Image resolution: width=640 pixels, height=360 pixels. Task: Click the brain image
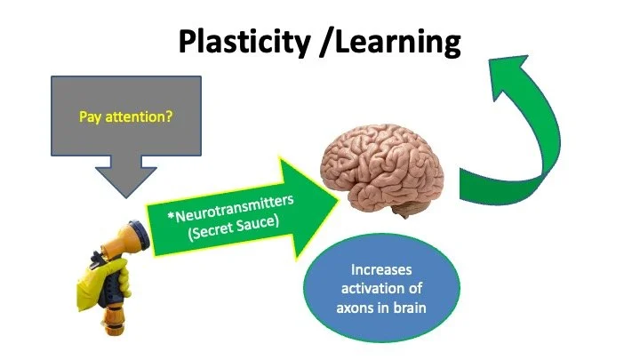[383, 169]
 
